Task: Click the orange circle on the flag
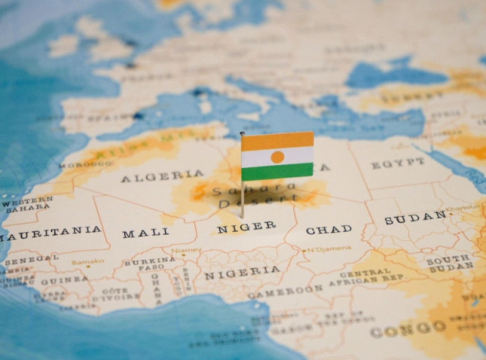click(x=278, y=157)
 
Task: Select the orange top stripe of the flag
click(x=278, y=140)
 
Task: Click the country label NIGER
click(x=246, y=227)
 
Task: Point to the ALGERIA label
click(x=162, y=176)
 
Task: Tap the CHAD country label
click(x=328, y=230)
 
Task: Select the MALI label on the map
click(x=145, y=233)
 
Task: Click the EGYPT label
click(x=398, y=164)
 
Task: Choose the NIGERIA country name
click(x=242, y=273)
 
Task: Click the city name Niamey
click(x=186, y=250)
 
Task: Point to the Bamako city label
click(x=88, y=262)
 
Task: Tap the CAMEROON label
click(x=285, y=292)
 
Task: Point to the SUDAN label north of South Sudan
click(x=415, y=218)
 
